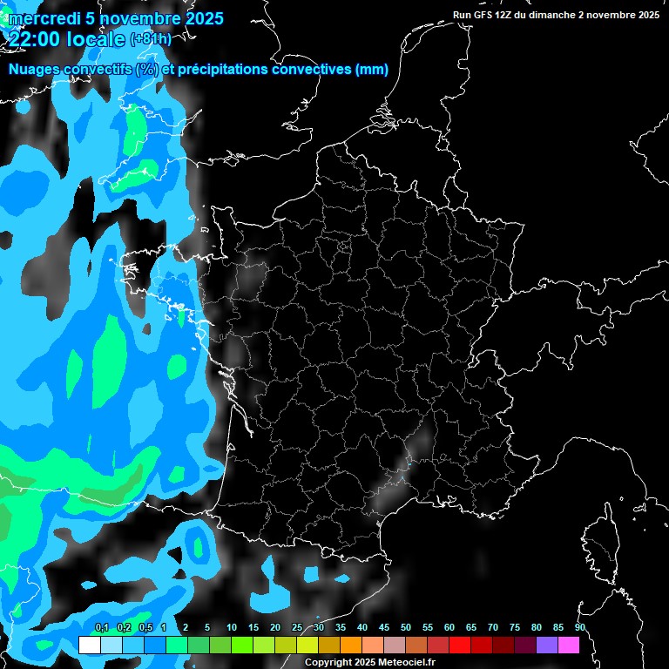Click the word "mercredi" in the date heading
pos(43,18)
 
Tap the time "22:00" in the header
pos(37,39)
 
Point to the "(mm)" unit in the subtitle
pos(372,70)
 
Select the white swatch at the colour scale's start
pos(89,645)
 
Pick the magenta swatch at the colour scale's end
pos(569,645)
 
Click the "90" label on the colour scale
pos(580,627)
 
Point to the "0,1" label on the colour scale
pos(101,627)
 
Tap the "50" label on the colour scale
pos(406,627)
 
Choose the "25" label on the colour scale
pos(297,627)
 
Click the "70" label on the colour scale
pos(493,627)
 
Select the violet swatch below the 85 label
pos(547,645)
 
